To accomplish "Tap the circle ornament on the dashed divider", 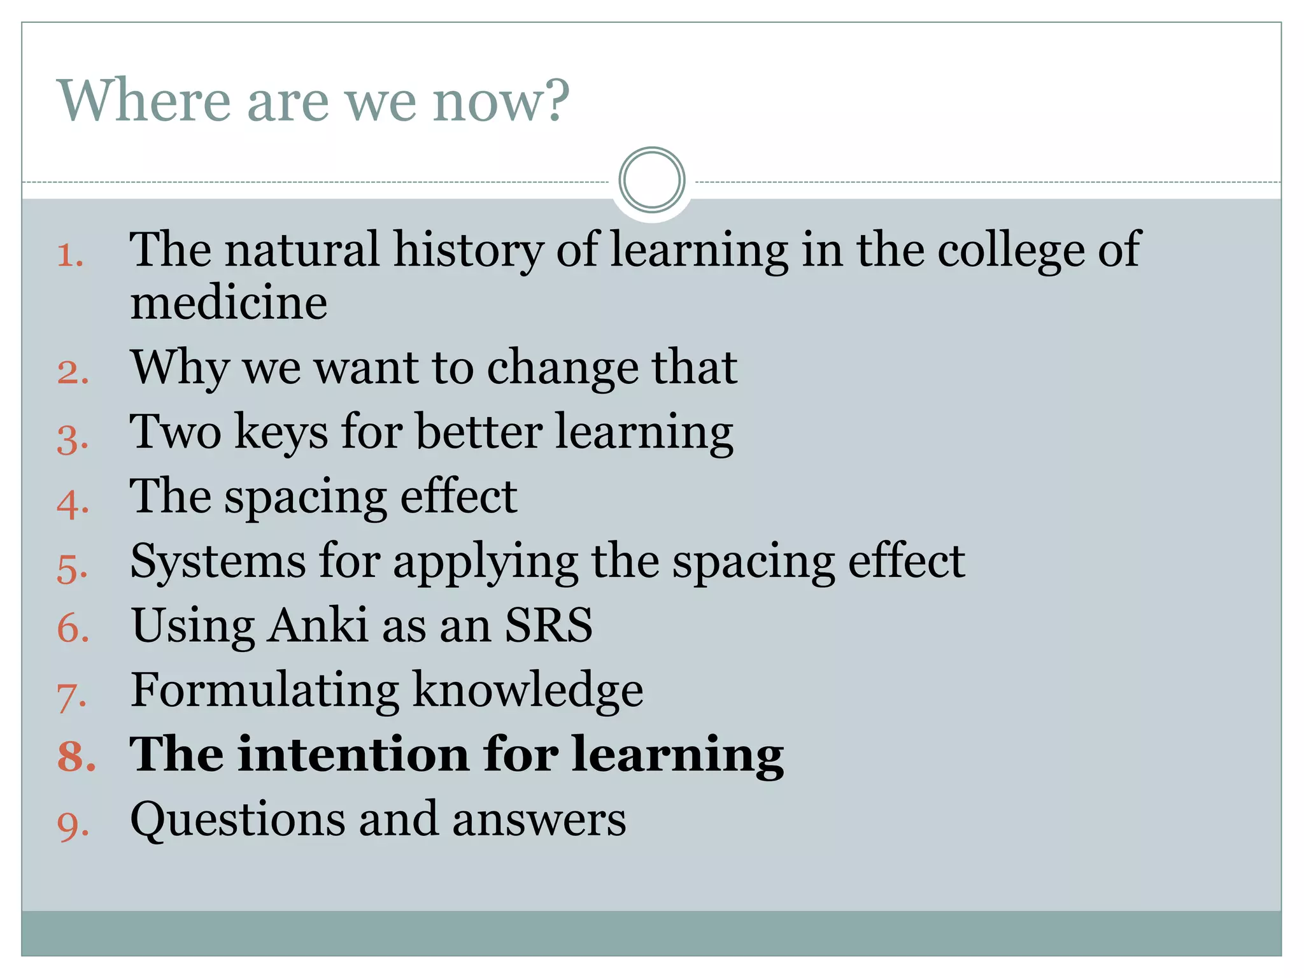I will pyautogui.click(x=651, y=180).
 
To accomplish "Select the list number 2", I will pyautogui.click(x=72, y=372).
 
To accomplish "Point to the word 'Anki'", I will pyautogui.click(x=317, y=625).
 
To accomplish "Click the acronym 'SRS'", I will pyautogui.click(x=548, y=625).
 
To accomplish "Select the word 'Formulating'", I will pyautogui.click(x=264, y=690).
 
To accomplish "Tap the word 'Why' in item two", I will pyautogui.click(x=180, y=368).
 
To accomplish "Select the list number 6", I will pyautogui.click(x=72, y=628).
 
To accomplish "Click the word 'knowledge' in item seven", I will pyautogui.click(x=528, y=690).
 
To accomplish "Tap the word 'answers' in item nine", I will pyautogui.click(x=539, y=820).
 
